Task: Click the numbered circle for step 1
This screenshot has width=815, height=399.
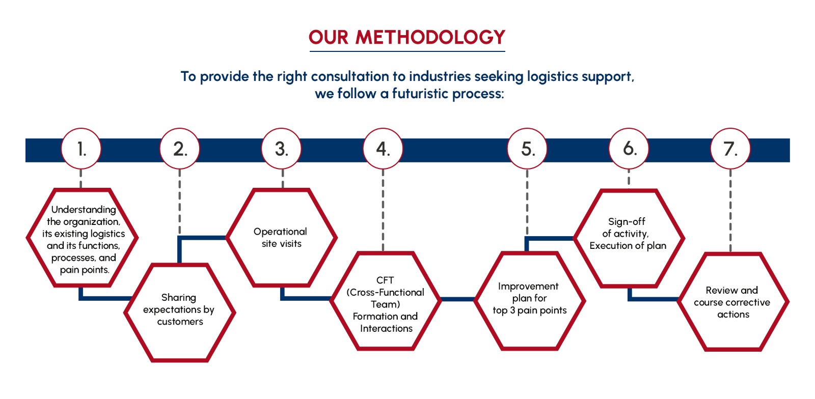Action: coord(81,149)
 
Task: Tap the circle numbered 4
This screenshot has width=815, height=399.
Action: coord(383,149)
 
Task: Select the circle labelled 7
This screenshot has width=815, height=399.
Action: coord(730,149)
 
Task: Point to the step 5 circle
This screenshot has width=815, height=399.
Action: coord(527,149)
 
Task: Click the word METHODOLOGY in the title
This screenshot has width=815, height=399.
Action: coord(430,37)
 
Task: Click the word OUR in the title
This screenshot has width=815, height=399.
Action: coord(329,37)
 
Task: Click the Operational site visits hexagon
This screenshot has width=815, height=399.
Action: coord(282,238)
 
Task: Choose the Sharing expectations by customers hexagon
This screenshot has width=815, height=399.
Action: coord(180,312)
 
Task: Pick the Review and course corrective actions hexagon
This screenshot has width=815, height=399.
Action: coord(733,302)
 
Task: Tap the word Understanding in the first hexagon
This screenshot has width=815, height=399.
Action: coord(84,210)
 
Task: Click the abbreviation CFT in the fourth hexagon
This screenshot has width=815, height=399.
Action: coord(385,280)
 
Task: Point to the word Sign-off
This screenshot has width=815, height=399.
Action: coord(627,221)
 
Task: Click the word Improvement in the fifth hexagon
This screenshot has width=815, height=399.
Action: coord(528,287)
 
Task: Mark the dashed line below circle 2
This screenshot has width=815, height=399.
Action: coord(180,202)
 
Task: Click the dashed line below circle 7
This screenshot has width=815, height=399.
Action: coord(730,210)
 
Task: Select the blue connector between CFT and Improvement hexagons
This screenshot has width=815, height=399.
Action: coord(458,299)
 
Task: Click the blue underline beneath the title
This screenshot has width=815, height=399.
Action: coord(407,51)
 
